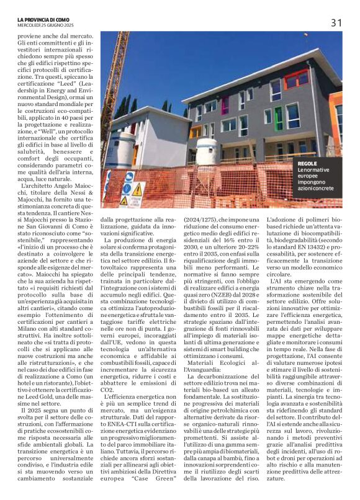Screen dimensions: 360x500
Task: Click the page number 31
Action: click(x=336, y=22)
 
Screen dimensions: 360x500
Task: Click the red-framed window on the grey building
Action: click(x=295, y=79)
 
